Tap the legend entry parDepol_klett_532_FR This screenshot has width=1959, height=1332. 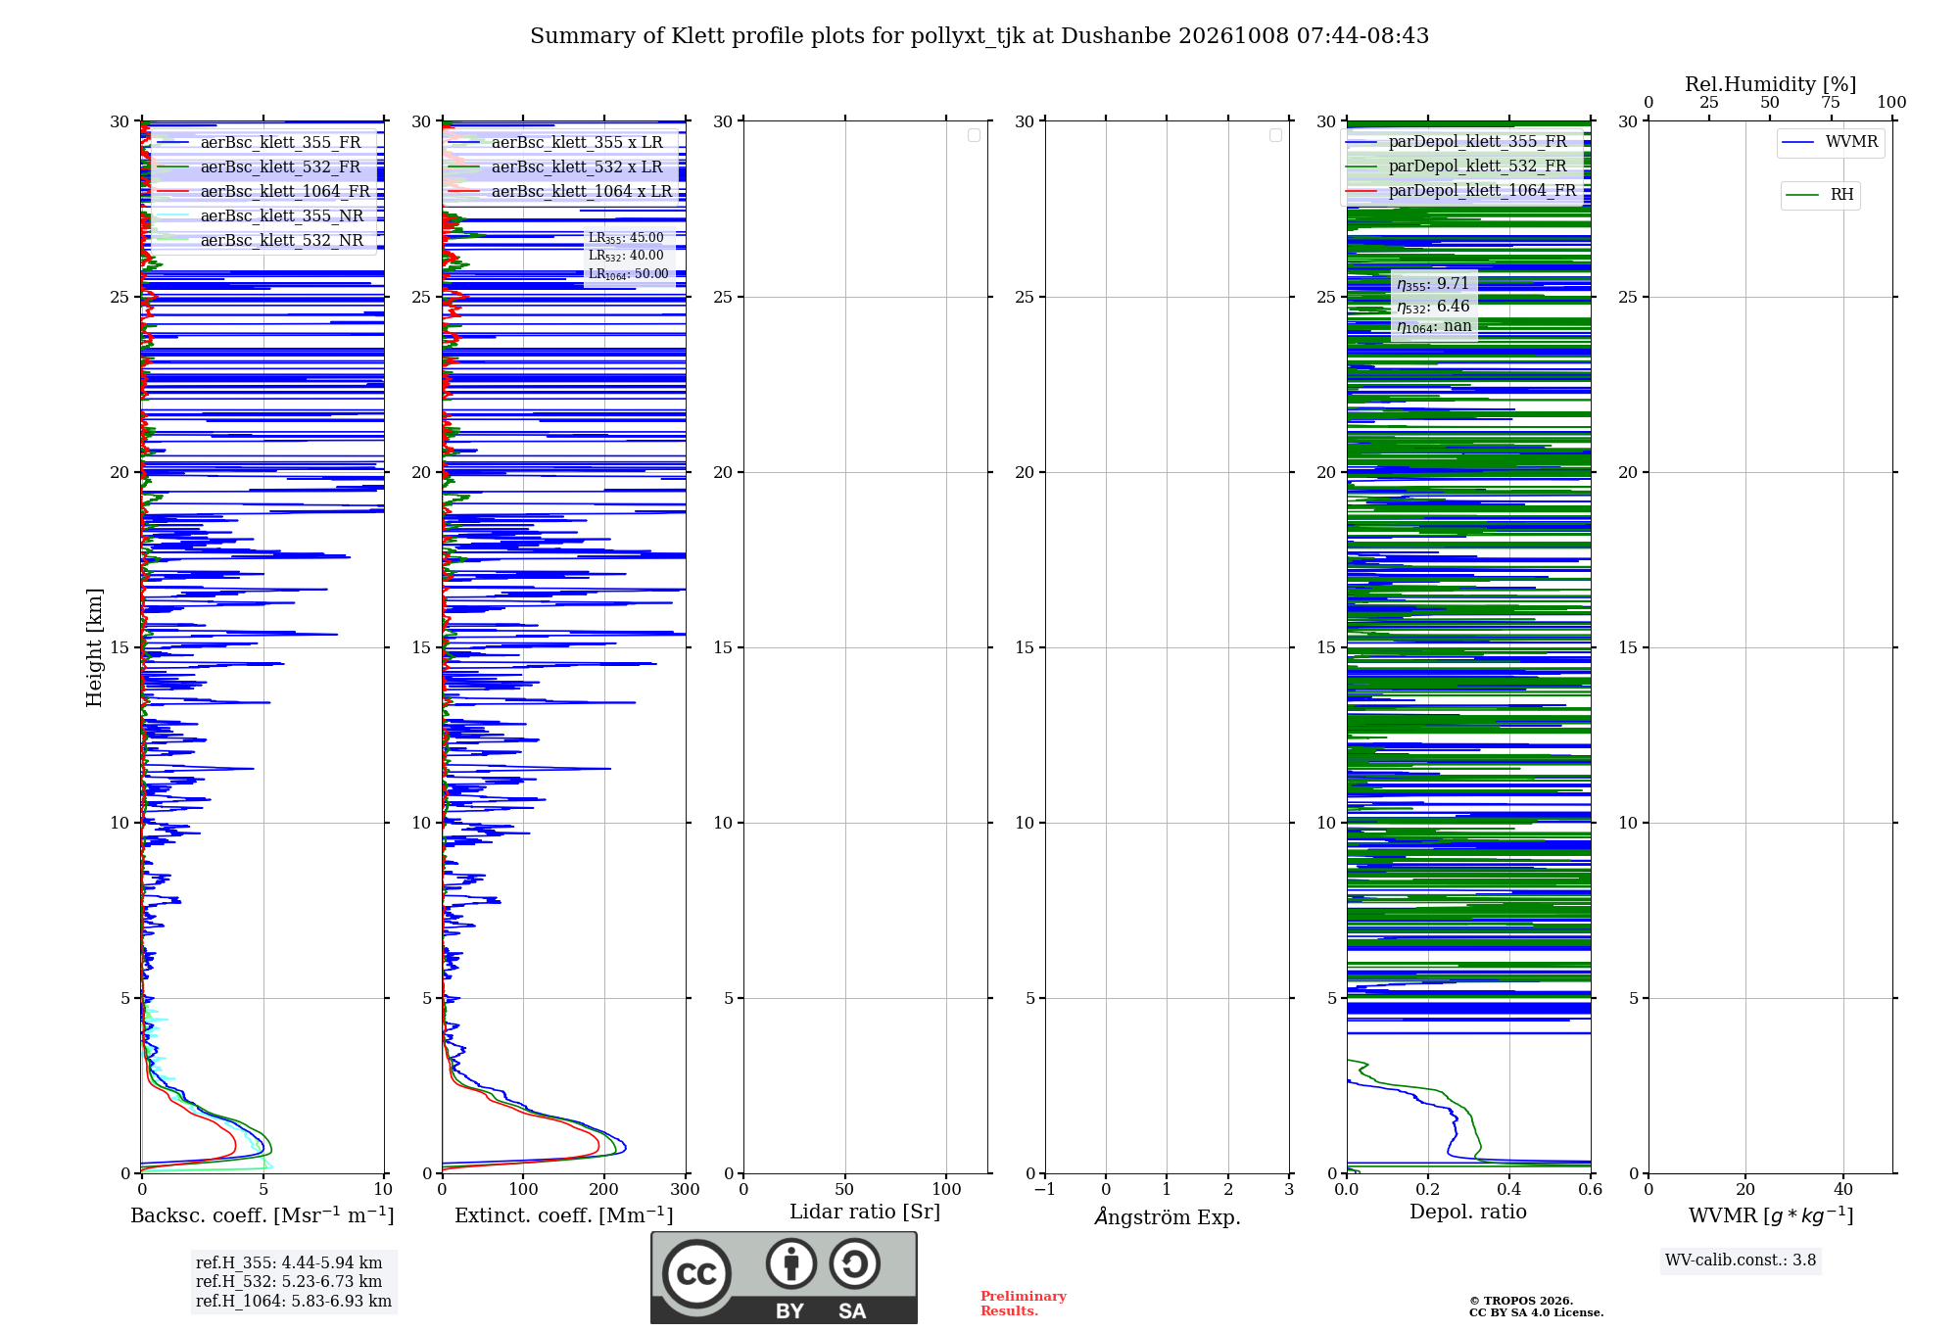tap(1461, 166)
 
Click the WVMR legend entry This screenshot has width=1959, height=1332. tap(1830, 142)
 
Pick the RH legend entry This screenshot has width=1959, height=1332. tap(1821, 195)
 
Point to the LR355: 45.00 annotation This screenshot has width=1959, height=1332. tap(626, 238)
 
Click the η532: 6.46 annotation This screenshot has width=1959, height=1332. tap(1433, 307)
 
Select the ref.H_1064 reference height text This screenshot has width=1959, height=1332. tap(294, 1301)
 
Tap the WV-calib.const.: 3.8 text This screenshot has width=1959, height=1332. tap(1741, 1261)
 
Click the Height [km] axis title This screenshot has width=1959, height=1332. tap(94, 647)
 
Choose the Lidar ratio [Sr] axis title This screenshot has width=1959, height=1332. tap(865, 1213)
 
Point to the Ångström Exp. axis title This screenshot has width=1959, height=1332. tap(1168, 1215)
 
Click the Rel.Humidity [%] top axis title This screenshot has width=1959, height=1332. tap(1771, 84)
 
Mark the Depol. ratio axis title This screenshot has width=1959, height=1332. tap(1468, 1212)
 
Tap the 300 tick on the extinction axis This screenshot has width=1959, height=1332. tap(686, 1189)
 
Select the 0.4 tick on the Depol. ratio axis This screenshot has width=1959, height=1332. tap(1509, 1189)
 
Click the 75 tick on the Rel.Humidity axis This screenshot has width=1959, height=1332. tap(1831, 103)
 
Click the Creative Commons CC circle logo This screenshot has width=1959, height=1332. tap(696, 1274)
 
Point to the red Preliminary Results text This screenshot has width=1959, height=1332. tap(1024, 1304)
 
